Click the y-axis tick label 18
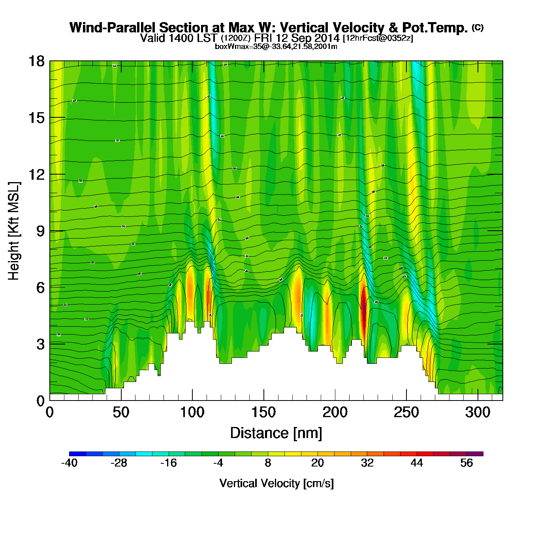[36, 61]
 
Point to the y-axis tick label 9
[40, 231]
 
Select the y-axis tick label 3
[40, 344]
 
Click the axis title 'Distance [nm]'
[276, 433]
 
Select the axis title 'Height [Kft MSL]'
[14, 231]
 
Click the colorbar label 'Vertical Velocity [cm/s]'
[276, 483]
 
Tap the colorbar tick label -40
[69, 463]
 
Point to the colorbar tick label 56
[466, 463]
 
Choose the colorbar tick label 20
[318, 463]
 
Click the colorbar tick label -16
[169, 463]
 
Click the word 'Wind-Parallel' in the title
[114, 28]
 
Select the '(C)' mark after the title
[478, 27]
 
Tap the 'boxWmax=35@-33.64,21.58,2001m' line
[276, 47]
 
